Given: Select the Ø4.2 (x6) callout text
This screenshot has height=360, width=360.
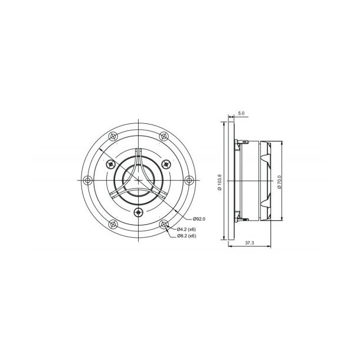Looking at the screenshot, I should [x=186, y=229].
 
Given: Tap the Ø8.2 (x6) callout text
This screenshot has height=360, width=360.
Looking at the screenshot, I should [x=186, y=236].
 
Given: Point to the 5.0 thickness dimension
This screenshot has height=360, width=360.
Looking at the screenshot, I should [x=241, y=113].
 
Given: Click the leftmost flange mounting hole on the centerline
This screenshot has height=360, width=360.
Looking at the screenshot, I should [x=87, y=180].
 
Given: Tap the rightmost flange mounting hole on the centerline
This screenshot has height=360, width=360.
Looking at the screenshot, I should [x=189, y=180].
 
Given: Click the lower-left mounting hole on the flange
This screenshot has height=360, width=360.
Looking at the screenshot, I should [x=113, y=224].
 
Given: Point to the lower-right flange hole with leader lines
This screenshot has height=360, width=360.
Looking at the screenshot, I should [x=164, y=224].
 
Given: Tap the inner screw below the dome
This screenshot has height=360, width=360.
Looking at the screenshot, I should [x=138, y=212].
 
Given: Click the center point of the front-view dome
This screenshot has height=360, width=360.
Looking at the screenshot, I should [x=138, y=180].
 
